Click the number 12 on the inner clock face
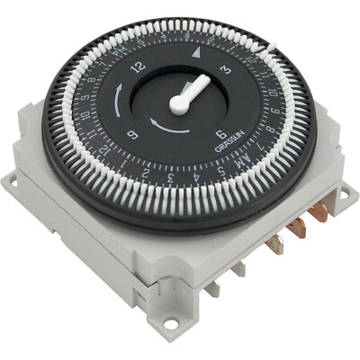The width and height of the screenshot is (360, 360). pos(138,65)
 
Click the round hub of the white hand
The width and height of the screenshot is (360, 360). pos(179,103)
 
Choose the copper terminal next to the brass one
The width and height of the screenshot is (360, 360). pos(297,228)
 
